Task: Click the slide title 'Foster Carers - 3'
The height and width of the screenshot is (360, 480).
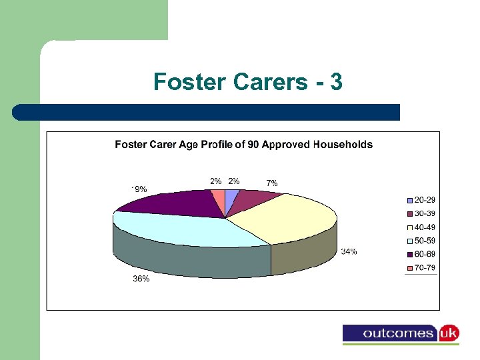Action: click(248, 81)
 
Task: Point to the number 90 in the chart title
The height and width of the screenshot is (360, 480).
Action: click(253, 145)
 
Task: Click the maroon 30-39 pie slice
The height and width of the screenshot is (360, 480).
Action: click(253, 201)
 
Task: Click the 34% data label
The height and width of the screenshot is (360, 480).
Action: click(349, 252)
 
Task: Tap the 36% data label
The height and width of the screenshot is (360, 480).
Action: click(141, 279)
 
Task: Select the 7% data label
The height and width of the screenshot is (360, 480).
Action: click(272, 183)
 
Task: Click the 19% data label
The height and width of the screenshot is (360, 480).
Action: click(139, 189)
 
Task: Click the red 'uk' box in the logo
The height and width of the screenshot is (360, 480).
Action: click(448, 333)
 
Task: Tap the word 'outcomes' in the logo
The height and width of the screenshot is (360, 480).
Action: click(391, 333)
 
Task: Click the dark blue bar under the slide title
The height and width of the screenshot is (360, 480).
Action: click(207, 112)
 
